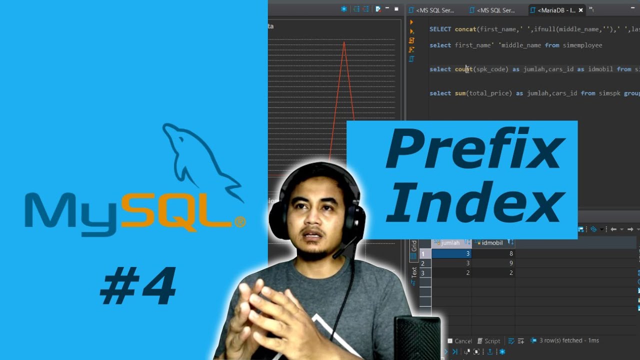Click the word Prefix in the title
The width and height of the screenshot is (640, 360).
point(475,149)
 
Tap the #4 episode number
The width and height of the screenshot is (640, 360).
point(138,286)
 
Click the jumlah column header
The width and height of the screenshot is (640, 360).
point(450,243)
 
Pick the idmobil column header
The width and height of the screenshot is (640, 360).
point(492,243)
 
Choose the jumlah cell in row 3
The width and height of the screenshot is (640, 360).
point(451,272)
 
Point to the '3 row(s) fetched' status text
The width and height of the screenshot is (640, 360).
point(568,340)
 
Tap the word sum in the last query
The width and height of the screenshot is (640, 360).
point(459,93)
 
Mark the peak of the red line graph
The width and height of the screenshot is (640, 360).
point(344,42)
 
